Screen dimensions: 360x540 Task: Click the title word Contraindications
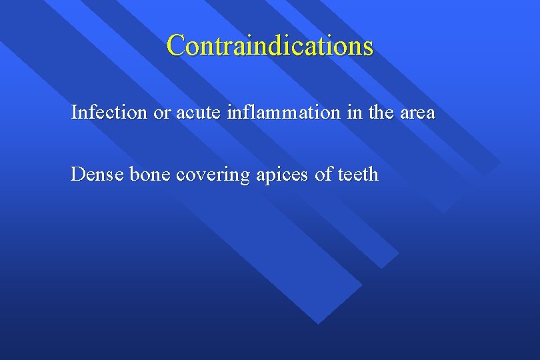pos(270,45)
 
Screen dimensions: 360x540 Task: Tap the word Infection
pos(109,113)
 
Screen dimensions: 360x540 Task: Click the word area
pos(417,113)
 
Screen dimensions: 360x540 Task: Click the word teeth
pos(358,175)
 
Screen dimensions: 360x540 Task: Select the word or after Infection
pos(162,113)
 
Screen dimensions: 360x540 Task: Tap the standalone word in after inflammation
pos(353,113)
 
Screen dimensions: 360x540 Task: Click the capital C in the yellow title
pos(175,45)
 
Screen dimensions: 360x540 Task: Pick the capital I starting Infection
pos(74,112)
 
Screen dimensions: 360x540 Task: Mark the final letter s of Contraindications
pos(368,47)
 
